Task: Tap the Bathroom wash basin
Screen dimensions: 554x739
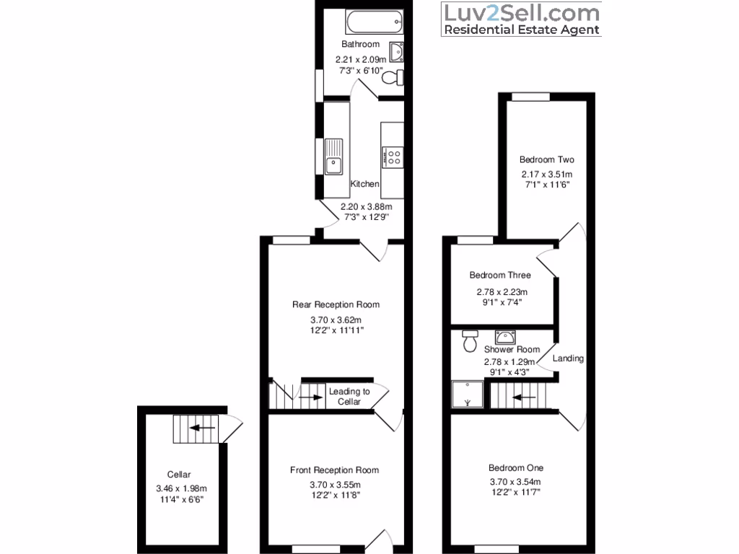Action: point(396,52)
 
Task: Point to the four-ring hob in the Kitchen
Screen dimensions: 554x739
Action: point(393,157)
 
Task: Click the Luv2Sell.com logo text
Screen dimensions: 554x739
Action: point(520,13)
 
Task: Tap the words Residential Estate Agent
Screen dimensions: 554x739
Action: point(520,30)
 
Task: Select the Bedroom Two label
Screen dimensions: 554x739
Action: point(547,159)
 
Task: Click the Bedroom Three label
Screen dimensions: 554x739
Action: point(500,275)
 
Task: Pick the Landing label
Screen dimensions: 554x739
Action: point(568,359)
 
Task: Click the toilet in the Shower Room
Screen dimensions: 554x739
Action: point(470,340)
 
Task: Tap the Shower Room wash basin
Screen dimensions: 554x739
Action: point(504,337)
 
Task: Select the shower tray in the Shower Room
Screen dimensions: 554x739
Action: point(468,395)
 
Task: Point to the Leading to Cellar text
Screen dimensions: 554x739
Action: point(349,397)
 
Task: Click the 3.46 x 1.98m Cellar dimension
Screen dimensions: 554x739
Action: point(181,488)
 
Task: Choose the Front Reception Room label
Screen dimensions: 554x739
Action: point(334,470)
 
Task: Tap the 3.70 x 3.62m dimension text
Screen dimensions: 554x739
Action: point(336,320)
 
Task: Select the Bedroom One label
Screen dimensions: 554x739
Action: point(515,467)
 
